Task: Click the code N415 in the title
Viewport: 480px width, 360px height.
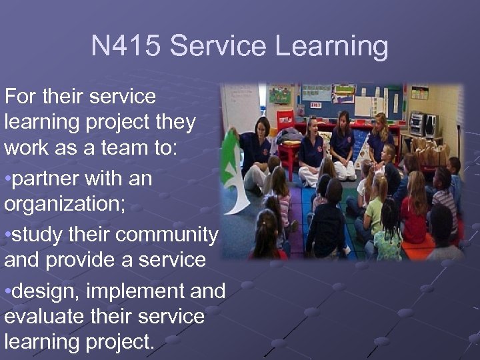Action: (125, 47)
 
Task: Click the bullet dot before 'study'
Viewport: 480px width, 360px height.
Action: (7, 235)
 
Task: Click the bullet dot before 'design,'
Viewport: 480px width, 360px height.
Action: (7, 291)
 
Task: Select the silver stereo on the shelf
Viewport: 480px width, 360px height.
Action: (419, 124)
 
